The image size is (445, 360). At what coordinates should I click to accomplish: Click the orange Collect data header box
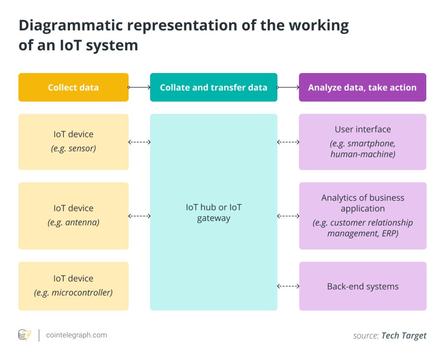[73, 87]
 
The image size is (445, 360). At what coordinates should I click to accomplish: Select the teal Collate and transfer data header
[213, 87]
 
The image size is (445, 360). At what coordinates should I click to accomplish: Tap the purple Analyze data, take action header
[362, 87]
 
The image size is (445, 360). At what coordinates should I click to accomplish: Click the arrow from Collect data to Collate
[139, 87]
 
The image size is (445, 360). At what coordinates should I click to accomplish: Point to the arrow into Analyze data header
[288, 87]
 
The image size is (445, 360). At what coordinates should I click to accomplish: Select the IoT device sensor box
[73, 142]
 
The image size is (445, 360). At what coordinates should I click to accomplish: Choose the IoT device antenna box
[73, 216]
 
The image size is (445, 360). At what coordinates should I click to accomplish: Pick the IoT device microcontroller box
[73, 286]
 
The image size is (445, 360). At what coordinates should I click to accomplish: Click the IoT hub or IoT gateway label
[213, 213]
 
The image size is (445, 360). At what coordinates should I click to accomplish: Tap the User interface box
[362, 142]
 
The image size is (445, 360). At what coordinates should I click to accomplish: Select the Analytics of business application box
[362, 216]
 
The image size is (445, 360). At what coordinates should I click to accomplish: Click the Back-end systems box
[362, 286]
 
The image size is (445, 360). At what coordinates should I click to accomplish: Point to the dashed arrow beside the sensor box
[139, 142]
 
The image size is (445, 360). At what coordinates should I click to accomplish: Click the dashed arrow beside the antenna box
[139, 216]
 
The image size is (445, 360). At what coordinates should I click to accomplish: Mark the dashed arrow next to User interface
[288, 142]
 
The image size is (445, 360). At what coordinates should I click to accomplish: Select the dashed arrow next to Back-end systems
[288, 286]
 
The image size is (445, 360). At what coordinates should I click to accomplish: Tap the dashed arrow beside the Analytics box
[288, 216]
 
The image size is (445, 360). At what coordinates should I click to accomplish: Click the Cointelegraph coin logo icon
[24, 335]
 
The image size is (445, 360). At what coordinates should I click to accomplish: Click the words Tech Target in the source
[404, 335]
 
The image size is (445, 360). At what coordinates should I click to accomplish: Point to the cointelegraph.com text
[76, 335]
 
